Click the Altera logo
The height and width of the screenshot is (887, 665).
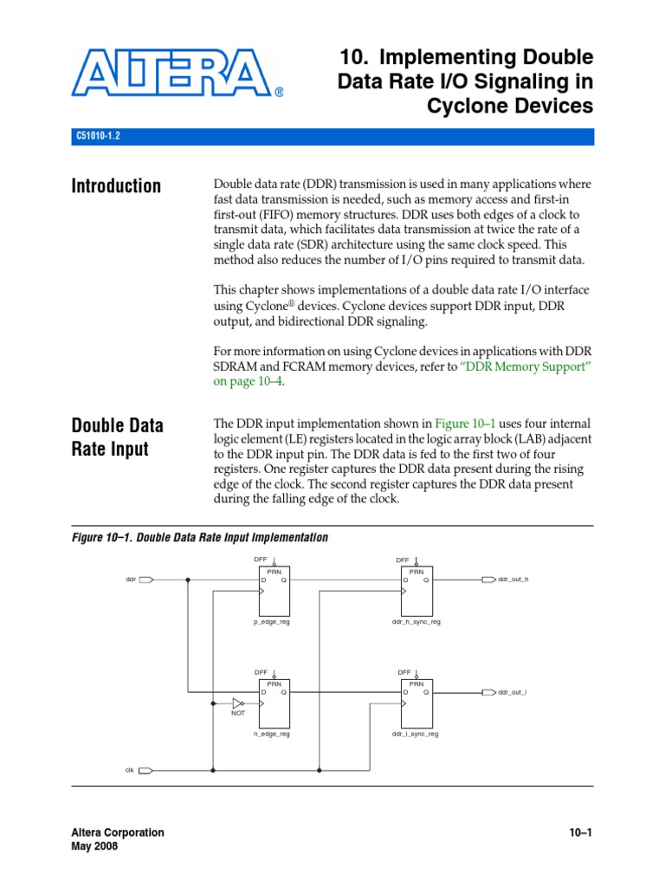[x=178, y=73]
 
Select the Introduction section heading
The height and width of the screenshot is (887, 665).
[x=116, y=186]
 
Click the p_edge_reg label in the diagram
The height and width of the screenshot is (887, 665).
[x=271, y=622]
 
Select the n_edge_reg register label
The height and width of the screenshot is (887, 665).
[x=271, y=734]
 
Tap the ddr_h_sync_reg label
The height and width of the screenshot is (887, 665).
[x=416, y=622]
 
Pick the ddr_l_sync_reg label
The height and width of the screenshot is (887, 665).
[x=415, y=734]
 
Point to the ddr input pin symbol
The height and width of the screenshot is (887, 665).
[x=147, y=579]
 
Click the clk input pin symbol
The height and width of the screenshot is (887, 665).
[x=147, y=770]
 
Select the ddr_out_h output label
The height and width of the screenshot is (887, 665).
[x=513, y=579]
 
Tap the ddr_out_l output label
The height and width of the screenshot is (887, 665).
[x=512, y=692]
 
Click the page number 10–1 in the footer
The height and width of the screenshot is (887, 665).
[x=579, y=832]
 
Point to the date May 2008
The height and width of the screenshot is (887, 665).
[x=94, y=846]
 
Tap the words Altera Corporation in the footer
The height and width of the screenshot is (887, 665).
[x=117, y=832]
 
